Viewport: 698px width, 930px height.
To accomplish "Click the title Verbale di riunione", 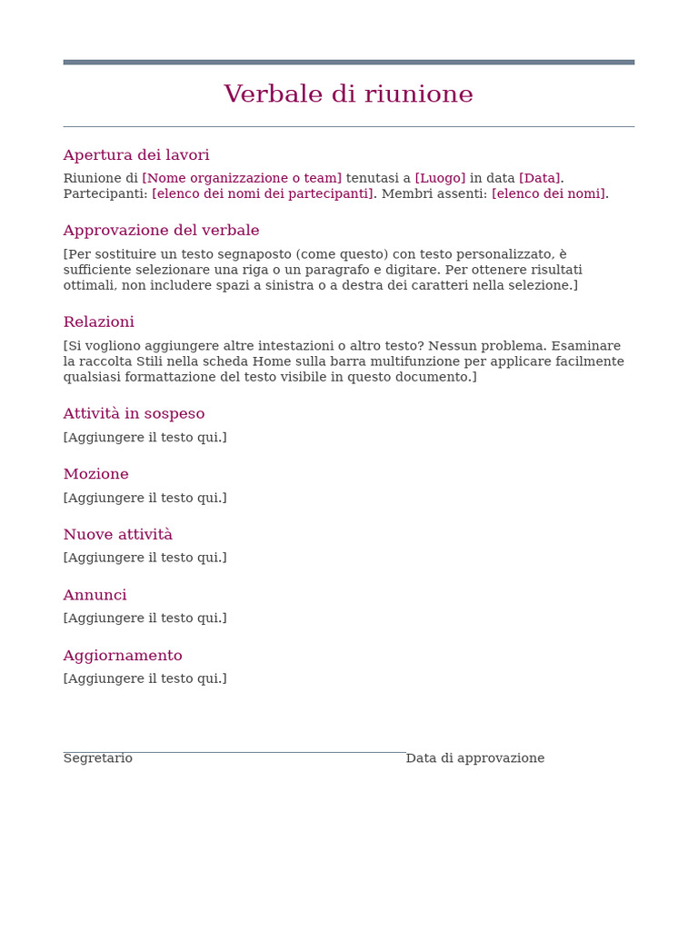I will tap(348, 94).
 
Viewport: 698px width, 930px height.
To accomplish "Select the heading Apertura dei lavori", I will tap(136, 155).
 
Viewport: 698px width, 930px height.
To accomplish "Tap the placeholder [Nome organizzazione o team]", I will tap(242, 178).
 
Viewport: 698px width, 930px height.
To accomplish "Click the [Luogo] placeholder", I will tap(440, 178).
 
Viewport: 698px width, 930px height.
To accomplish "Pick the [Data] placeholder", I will tap(540, 178).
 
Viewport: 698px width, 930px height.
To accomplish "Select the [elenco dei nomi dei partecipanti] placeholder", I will tap(263, 193).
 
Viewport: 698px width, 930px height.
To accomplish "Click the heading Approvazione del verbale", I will tap(161, 231).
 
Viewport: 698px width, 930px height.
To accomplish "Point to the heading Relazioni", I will tap(98, 322).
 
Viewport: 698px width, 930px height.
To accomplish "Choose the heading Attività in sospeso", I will tap(134, 414).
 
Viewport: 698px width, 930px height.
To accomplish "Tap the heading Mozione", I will tap(95, 474).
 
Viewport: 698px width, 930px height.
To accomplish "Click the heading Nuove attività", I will tap(117, 535).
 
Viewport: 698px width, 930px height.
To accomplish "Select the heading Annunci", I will tap(95, 596).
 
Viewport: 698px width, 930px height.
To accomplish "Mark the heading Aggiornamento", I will tap(123, 656).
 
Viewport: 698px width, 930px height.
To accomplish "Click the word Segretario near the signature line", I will tap(97, 758).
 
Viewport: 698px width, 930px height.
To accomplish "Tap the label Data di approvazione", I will tap(474, 758).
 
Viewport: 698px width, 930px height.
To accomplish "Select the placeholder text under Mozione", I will tap(145, 498).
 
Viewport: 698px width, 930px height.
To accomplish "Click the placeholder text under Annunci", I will tap(145, 618).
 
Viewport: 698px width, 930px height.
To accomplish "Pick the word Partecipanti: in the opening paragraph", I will tap(105, 193).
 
